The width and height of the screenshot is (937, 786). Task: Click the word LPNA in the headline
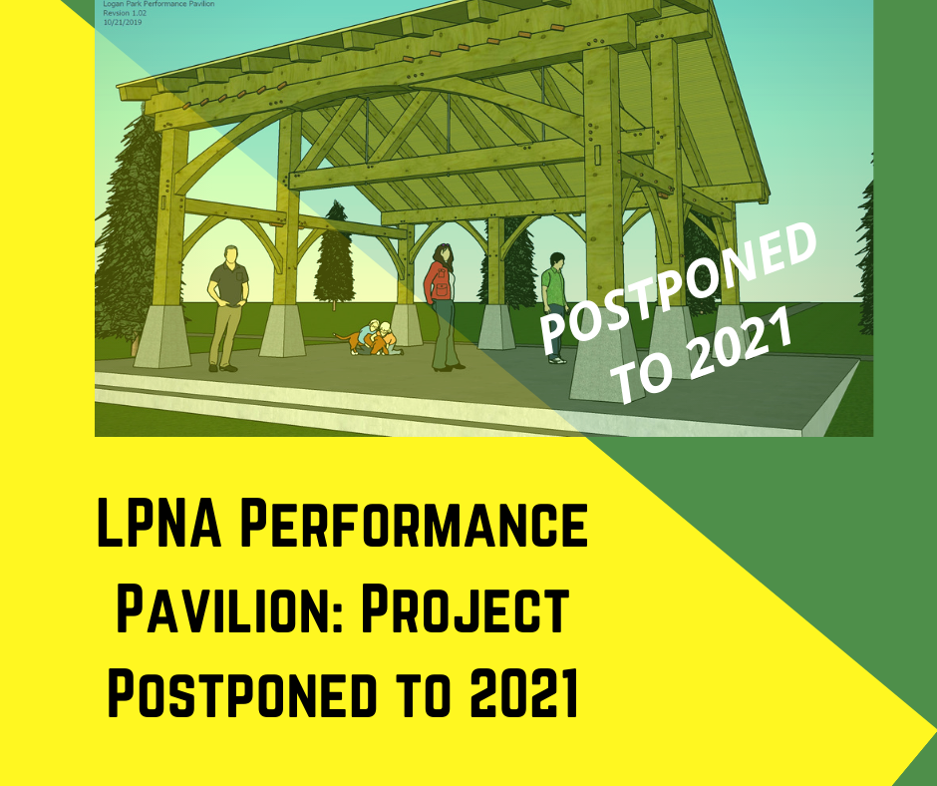(158, 524)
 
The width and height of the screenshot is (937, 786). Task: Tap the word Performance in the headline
(414, 524)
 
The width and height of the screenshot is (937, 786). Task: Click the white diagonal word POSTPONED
(678, 286)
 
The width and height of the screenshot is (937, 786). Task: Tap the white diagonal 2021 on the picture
(743, 348)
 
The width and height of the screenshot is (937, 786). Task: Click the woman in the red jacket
(442, 307)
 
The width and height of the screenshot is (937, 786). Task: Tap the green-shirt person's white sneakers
(557, 360)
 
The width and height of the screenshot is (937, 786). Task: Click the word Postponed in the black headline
(242, 693)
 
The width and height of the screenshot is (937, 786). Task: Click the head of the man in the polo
(230, 254)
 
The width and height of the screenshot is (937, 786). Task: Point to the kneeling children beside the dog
(380, 338)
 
